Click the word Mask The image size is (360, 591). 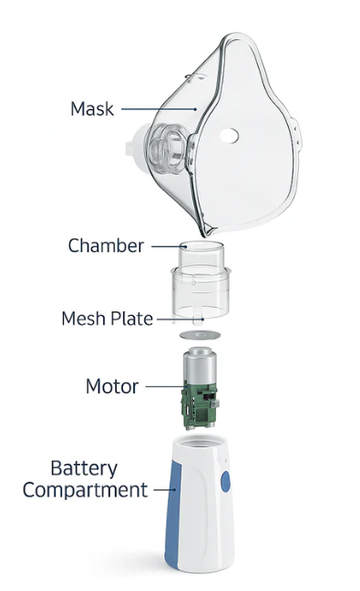(92, 108)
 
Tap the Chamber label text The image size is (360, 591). (106, 246)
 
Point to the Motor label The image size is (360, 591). (112, 386)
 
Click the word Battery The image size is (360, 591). (84, 468)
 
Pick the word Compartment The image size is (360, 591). (86, 490)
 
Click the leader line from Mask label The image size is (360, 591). (159, 109)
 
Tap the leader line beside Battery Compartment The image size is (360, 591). (165, 490)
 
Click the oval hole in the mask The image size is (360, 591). (229, 136)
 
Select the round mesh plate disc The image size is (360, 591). (200, 335)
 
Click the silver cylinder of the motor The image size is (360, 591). (200, 366)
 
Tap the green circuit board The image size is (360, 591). (200, 406)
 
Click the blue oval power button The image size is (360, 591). (226, 482)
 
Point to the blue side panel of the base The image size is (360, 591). (173, 509)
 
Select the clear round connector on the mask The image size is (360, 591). (167, 148)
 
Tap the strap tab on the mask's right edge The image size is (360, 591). (297, 138)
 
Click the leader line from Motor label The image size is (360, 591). (166, 386)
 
